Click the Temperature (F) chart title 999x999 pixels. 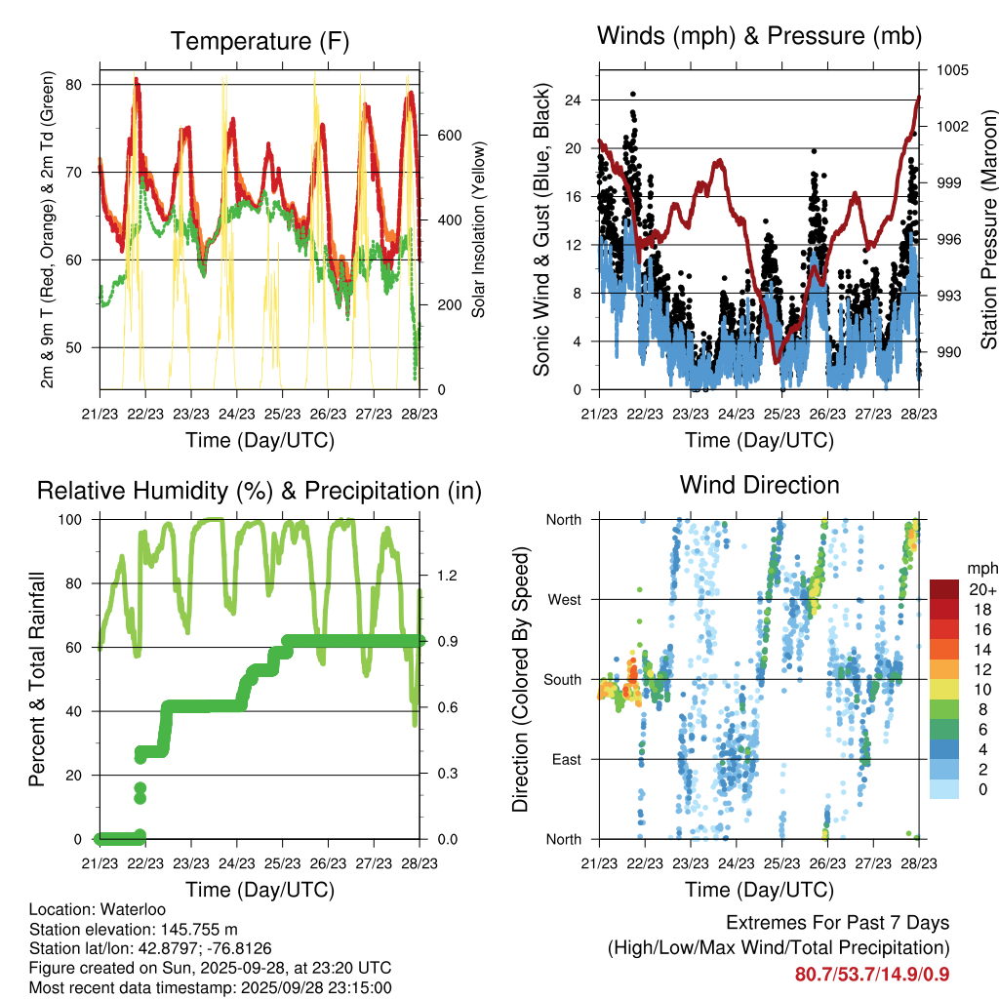point(259,41)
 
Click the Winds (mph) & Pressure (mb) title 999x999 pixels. point(759,36)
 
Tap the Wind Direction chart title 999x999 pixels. point(759,485)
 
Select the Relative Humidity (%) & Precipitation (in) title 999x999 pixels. point(259,491)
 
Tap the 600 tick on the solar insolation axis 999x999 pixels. point(448,135)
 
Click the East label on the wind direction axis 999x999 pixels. point(564,759)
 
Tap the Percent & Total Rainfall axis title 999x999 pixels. point(37,679)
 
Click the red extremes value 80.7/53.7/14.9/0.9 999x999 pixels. point(872,974)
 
